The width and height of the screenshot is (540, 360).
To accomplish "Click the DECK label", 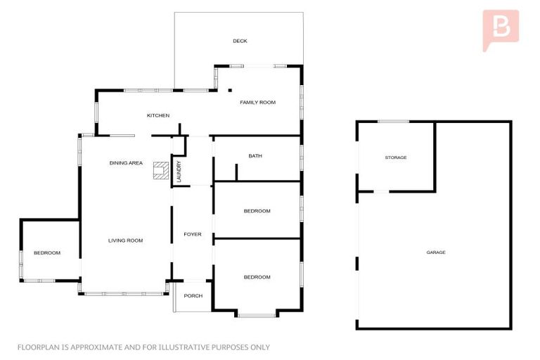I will click(x=240, y=41).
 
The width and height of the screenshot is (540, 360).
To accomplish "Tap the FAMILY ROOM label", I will click(x=257, y=103).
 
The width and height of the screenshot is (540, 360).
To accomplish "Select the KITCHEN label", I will click(x=157, y=115).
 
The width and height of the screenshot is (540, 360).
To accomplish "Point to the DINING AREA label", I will click(x=126, y=163).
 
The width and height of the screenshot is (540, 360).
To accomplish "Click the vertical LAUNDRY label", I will click(x=179, y=172).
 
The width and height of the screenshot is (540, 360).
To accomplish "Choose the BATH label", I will click(x=255, y=156).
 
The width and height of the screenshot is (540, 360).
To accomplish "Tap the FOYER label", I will click(x=193, y=234).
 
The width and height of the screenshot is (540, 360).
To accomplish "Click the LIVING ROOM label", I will click(x=125, y=240).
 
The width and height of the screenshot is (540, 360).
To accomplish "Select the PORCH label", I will click(x=193, y=296).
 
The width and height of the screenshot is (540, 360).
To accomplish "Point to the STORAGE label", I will click(x=395, y=157).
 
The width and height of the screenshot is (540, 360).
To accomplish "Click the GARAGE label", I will click(x=435, y=252).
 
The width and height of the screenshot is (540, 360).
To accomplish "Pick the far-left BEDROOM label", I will click(x=47, y=253).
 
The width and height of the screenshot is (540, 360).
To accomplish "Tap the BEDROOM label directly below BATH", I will click(x=257, y=212).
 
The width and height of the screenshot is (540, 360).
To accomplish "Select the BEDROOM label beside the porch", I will click(x=257, y=277).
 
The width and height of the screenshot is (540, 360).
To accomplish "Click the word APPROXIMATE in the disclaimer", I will click(x=94, y=347).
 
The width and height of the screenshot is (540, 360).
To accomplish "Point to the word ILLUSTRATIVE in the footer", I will click(x=184, y=347).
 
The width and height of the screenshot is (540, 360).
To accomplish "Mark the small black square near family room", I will click(x=230, y=90).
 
